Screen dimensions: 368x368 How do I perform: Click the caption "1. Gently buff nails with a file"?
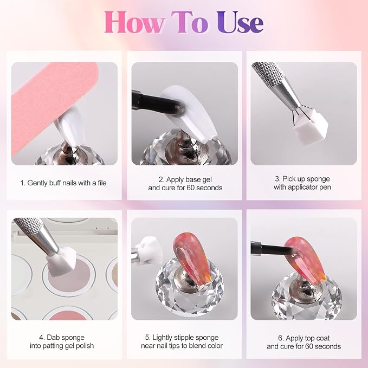(63, 183)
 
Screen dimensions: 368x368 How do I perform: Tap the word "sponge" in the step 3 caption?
(317, 179)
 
